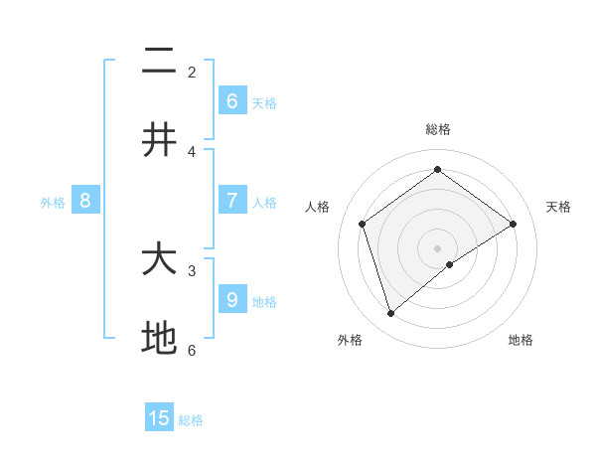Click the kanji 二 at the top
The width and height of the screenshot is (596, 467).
pyautogui.click(x=159, y=62)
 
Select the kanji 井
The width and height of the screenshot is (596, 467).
pyautogui.click(x=159, y=140)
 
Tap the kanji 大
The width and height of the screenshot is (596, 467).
pyautogui.click(x=159, y=260)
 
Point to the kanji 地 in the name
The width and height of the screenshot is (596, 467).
pyautogui.click(x=159, y=339)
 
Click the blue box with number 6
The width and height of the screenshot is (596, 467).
pyautogui.click(x=232, y=100)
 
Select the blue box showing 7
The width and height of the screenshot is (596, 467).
pyautogui.click(x=232, y=200)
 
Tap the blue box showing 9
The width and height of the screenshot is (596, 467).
pyautogui.click(x=232, y=299)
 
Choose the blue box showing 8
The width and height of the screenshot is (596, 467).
pyautogui.click(x=85, y=201)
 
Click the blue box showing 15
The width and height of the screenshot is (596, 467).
pyautogui.click(x=159, y=418)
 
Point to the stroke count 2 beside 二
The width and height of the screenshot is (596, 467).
pyautogui.click(x=192, y=72)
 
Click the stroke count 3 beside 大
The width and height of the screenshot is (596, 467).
pyautogui.click(x=192, y=269)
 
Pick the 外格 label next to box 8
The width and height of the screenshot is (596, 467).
pyautogui.click(x=53, y=203)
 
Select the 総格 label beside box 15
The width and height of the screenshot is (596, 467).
pyautogui.click(x=191, y=420)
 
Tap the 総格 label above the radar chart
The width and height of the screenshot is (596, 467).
pyautogui.click(x=438, y=129)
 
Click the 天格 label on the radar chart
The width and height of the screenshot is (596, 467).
pyautogui.click(x=559, y=207)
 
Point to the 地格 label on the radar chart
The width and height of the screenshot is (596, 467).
pyautogui.click(x=521, y=340)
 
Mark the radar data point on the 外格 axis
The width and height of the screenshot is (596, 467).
pyautogui.click(x=391, y=314)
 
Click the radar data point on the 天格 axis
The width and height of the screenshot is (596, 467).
pyautogui.click(x=514, y=224)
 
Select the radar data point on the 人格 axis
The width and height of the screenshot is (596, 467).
pyautogui.click(x=363, y=224)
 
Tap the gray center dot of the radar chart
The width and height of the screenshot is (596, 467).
pyautogui.click(x=438, y=247)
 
